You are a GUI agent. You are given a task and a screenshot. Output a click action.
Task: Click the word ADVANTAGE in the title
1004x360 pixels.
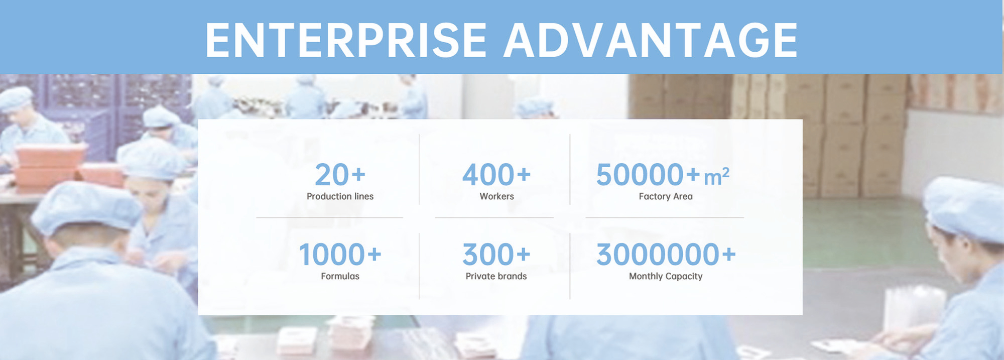coord(651,40)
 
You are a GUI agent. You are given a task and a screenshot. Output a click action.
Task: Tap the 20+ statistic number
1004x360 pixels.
coord(340,175)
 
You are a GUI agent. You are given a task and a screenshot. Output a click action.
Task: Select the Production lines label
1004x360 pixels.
coord(340,196)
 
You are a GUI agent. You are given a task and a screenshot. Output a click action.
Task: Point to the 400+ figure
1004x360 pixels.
coord(496,175)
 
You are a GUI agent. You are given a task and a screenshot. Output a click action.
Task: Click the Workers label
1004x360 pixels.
coord(496,196)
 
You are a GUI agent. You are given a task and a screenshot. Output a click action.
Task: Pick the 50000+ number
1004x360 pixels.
coord(648,175)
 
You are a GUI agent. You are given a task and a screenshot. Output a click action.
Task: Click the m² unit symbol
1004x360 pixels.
coord(716,176)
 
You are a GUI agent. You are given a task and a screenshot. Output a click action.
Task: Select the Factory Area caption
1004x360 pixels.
coord(666,196)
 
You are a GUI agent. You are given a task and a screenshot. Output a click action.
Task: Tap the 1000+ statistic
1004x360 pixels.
coord(340,255)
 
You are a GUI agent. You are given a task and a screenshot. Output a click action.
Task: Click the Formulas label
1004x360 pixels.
coord(340,276)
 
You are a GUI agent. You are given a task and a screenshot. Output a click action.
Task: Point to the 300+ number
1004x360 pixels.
coord(496,255)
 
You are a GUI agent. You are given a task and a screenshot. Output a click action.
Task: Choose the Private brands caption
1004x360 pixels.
coord(496,276)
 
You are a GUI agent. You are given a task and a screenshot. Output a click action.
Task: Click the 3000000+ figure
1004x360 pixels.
coord(666,255)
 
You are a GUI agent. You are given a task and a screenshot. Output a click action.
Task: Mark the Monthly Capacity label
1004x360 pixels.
coord(666,277)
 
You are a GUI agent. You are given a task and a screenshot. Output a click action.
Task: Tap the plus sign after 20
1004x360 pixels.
coord(358,175)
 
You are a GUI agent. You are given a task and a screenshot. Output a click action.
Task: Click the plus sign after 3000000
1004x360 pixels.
coord(729,255)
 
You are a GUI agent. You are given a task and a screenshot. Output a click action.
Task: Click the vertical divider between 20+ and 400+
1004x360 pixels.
coord(419,169)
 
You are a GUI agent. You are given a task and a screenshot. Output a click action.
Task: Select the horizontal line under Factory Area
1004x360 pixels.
coord(665,217)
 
